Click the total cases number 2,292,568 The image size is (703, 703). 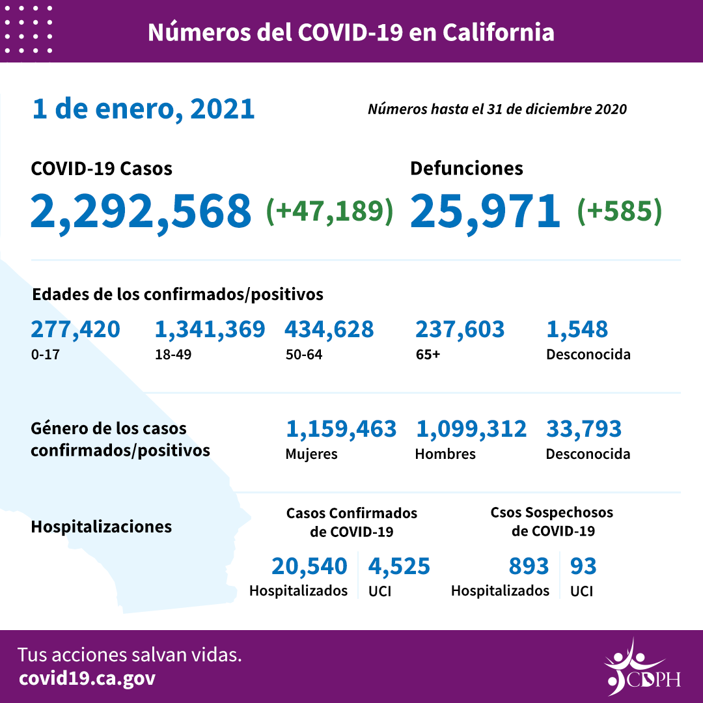(141, 211)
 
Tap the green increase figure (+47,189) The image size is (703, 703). (330, 211)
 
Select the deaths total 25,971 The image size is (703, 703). (485, 211)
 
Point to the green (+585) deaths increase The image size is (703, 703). (620, 211)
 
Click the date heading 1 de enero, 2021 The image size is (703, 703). (143, 109)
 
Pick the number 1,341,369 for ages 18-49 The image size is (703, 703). (210, 329)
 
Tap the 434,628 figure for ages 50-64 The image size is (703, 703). (329, 329)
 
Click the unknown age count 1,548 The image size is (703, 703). (577, 329)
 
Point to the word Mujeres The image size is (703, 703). (311, 454)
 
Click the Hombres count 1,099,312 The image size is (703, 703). (471, 429)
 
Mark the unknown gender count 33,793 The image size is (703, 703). (583, 429)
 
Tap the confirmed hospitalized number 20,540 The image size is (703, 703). (309, 566)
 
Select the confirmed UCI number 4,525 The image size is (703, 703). (399, 566)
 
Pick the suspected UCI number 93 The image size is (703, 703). (583, 566)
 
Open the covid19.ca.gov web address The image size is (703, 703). (87, 678)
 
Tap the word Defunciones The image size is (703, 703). (466, 169)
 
